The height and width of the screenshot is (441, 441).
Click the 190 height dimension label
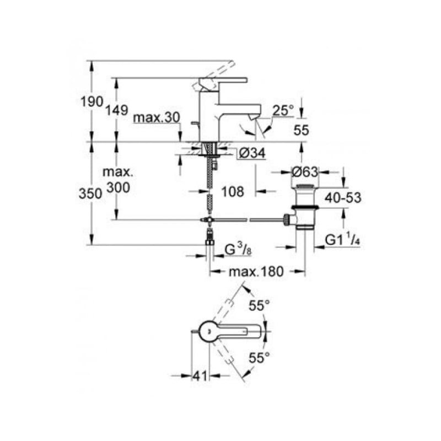92,101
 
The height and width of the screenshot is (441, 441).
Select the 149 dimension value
117,110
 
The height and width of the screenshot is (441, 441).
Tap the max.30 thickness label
157,117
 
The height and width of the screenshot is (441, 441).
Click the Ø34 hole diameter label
252,153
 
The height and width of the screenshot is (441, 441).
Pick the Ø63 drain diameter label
305,172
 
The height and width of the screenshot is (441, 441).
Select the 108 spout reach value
233,192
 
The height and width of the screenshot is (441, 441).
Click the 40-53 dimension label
343,198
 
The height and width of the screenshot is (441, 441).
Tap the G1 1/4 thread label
342,240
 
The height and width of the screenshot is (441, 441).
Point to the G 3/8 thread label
238,249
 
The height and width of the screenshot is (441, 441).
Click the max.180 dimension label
256,272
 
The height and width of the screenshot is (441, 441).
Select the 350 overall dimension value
90,194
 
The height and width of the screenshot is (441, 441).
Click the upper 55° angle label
259,306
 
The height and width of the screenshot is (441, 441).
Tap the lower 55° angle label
259,358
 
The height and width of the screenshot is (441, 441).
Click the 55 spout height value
301,130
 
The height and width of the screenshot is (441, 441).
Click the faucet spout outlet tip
255,116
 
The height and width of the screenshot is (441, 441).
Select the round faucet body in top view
209,331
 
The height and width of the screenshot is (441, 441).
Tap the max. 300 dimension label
118,180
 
